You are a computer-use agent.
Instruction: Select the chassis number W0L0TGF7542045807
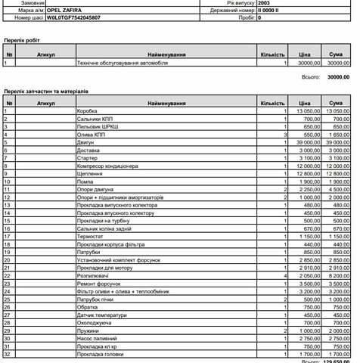(73, 17)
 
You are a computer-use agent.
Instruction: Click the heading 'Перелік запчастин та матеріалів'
(46, 91)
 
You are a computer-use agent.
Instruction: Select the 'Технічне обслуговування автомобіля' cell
(123, 64)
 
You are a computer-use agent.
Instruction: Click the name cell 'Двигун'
(87, 142)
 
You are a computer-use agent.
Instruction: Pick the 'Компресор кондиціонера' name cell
(108, 166)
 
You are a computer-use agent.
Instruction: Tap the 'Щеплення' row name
(91, 173)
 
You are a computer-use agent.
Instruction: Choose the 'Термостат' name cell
(91, 236)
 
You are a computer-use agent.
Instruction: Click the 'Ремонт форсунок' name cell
(99, 283)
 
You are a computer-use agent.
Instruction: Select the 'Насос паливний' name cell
(98, 338)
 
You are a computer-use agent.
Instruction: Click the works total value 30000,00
(337, 76)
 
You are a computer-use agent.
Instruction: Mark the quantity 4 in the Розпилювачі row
(285, 275)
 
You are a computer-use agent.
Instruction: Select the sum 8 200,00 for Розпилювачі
(338, 275)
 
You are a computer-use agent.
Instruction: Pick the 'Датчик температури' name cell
(104, 315)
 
